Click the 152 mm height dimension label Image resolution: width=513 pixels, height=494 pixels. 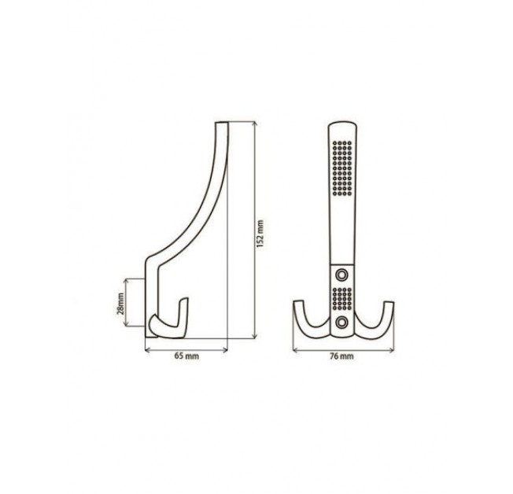point(260,234)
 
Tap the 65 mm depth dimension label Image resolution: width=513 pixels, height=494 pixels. point(186,356)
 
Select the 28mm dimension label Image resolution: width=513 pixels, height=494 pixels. point(120,303)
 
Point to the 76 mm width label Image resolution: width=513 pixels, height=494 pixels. point(342,356)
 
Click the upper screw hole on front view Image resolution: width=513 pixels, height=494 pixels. point(342,275)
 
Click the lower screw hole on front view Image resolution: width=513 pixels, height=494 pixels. point(342,323)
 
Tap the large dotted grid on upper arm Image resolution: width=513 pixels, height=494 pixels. point(342,168)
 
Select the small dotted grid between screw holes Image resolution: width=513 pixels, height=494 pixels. point(342,299)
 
